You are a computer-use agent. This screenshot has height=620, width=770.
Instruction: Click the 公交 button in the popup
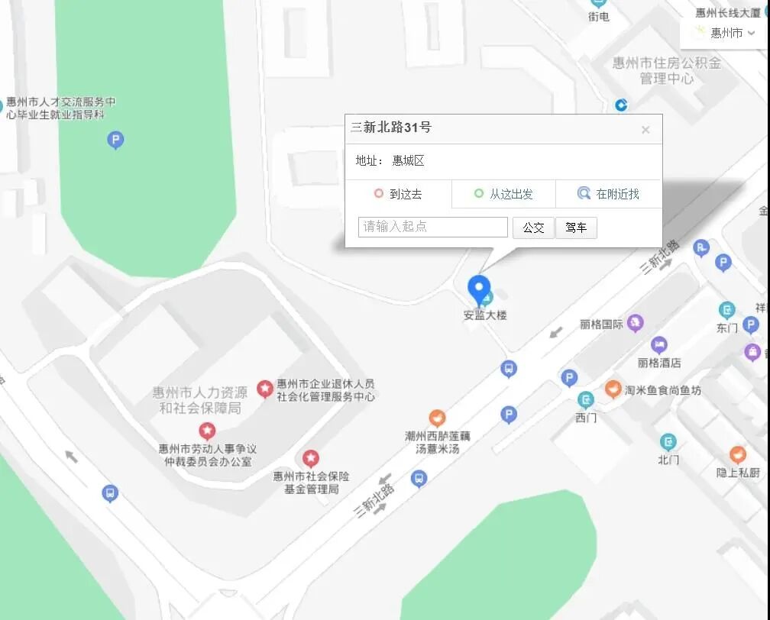pos(533,228)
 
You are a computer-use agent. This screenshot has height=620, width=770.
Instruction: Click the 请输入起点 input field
pos(433,227)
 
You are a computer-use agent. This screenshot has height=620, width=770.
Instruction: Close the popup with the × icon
pos(645,130)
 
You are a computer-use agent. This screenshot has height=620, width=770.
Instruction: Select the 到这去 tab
pos(398,194)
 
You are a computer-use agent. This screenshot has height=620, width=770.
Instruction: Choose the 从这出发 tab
pos(503,194)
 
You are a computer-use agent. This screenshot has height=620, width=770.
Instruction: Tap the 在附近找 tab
pos(608,194)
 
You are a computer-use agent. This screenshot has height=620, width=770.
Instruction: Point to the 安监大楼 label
pos(485,315)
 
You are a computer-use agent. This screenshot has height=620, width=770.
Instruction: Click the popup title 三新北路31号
pos(391,128)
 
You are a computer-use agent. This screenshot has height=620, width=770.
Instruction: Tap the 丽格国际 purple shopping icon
pos(635,324)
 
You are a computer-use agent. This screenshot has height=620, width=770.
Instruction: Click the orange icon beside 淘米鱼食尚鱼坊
pos(613,389)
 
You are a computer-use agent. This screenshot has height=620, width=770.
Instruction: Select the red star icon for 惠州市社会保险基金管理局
pos(311,458)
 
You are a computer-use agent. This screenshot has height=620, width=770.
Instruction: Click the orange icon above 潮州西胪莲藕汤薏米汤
pos(437,418)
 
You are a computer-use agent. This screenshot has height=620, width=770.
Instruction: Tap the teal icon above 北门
pos(668,441)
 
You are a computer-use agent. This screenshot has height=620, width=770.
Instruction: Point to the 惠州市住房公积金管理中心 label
pos(666,70)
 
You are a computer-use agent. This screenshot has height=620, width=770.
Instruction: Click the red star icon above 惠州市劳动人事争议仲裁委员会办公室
pos(207,431)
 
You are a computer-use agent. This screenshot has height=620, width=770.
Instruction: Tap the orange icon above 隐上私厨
pos(738,454)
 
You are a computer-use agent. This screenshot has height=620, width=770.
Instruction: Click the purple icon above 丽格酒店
pos(659,344)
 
